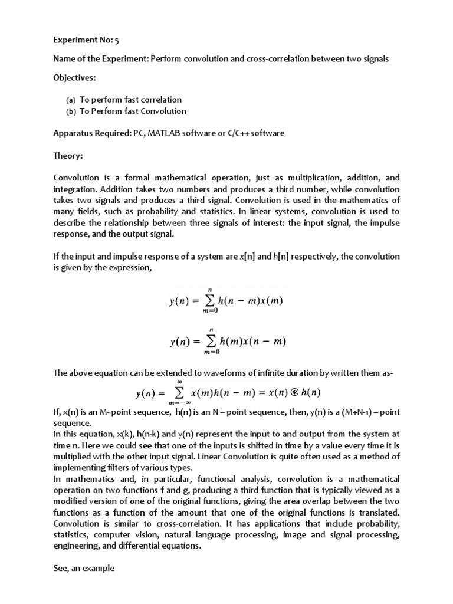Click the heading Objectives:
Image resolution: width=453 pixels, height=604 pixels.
coord(74,77)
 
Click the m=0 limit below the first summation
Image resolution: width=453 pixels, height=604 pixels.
coord(209,311)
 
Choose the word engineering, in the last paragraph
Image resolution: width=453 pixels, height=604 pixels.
coord(76,546)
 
